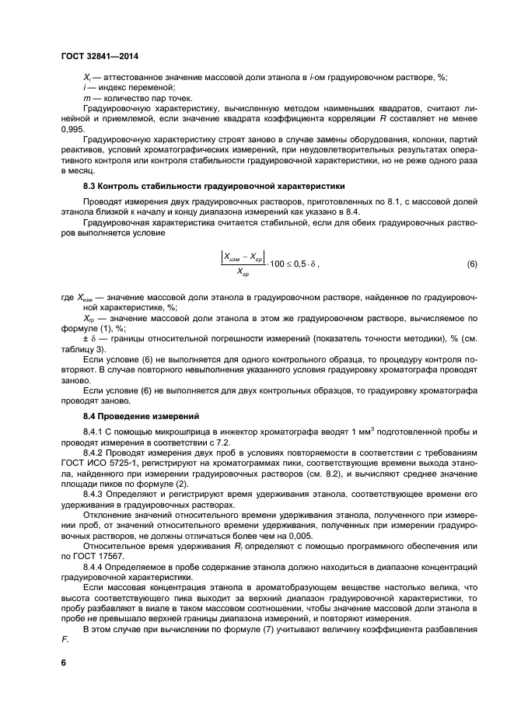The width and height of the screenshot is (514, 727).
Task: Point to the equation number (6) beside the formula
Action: coord(470,265)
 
